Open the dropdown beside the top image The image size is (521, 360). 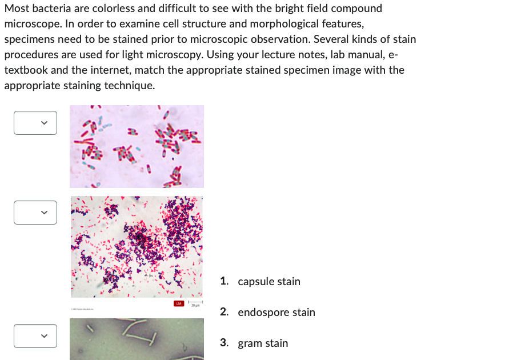coord(35,123)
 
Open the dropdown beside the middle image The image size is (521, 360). coord(35,213)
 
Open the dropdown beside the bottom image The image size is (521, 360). coord(35,336)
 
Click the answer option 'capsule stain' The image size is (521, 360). coord(268,282)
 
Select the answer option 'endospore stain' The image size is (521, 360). coord(276,313)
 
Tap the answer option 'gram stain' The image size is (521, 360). coord(263,343)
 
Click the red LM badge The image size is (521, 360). coord(179,303)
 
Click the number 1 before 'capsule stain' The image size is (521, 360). coord(224,282)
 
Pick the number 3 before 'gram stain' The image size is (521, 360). coord(224,343)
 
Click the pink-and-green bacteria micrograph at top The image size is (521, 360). coord(137,146)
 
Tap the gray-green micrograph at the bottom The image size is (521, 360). coord(137,339)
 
